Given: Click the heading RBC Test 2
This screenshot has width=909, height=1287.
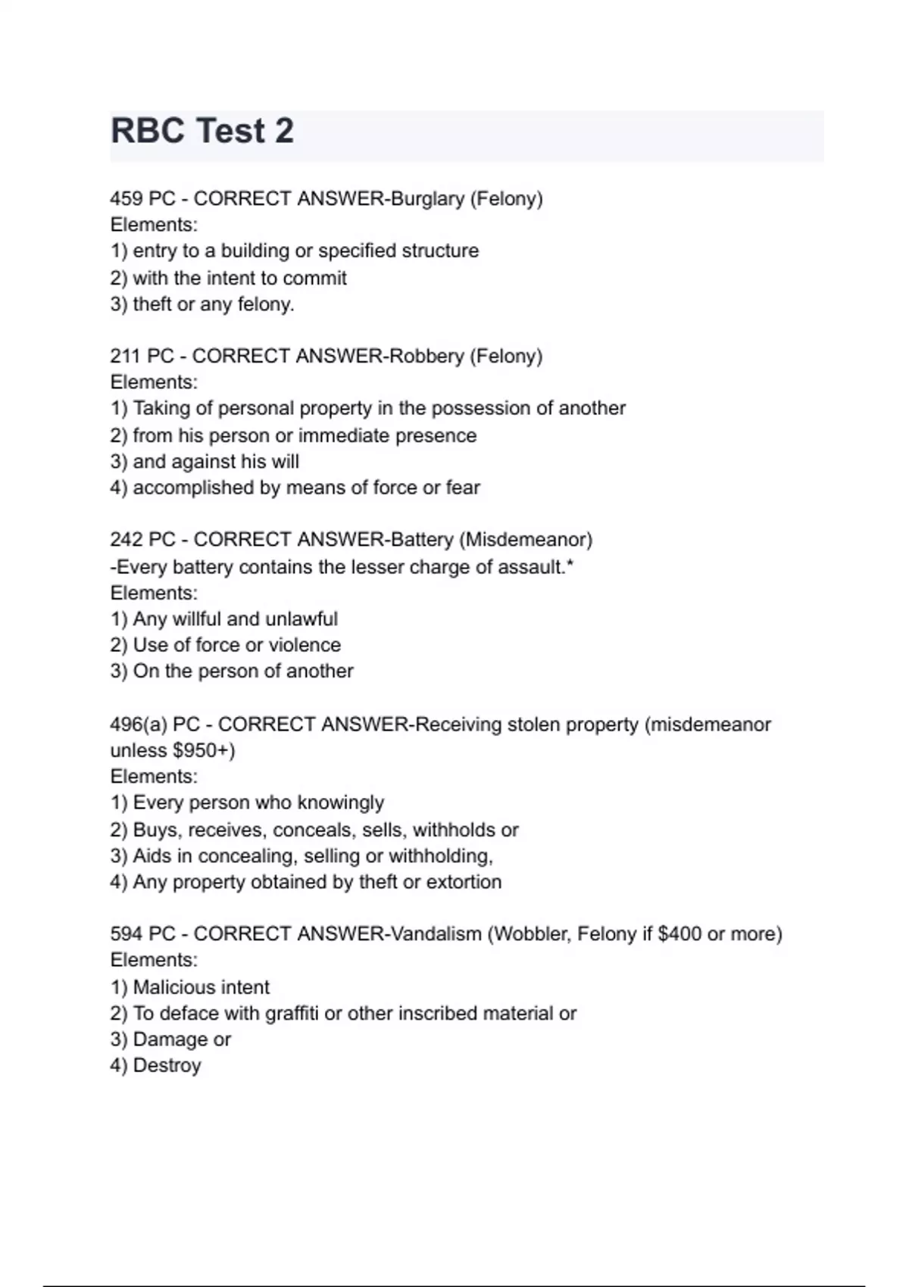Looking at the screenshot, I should point(202,131).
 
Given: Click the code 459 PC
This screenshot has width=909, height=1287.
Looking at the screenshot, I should point(142,198).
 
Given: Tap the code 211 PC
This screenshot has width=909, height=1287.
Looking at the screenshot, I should point(142,356).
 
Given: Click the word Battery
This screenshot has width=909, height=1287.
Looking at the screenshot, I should point(421,540).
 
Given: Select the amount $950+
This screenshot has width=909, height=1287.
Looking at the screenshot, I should point(204,750).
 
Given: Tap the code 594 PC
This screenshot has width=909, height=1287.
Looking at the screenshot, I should point(142,934).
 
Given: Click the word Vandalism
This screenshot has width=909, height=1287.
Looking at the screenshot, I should point(435,934).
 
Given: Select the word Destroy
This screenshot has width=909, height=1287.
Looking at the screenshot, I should point(167,1066).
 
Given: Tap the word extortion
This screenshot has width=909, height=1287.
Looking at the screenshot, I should point(464,882).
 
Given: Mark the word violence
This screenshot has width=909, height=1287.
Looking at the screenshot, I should point(305,645).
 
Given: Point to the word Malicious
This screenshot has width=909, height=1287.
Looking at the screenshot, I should point(166,987).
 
